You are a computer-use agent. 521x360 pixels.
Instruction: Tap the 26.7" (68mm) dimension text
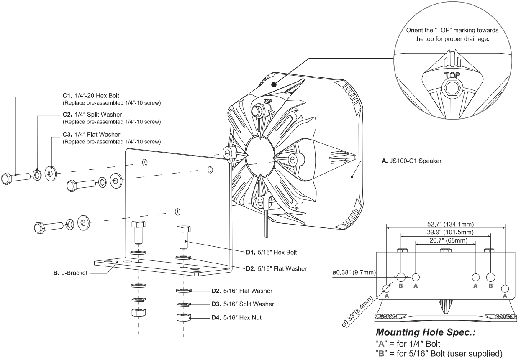click(x=445, y=241)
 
